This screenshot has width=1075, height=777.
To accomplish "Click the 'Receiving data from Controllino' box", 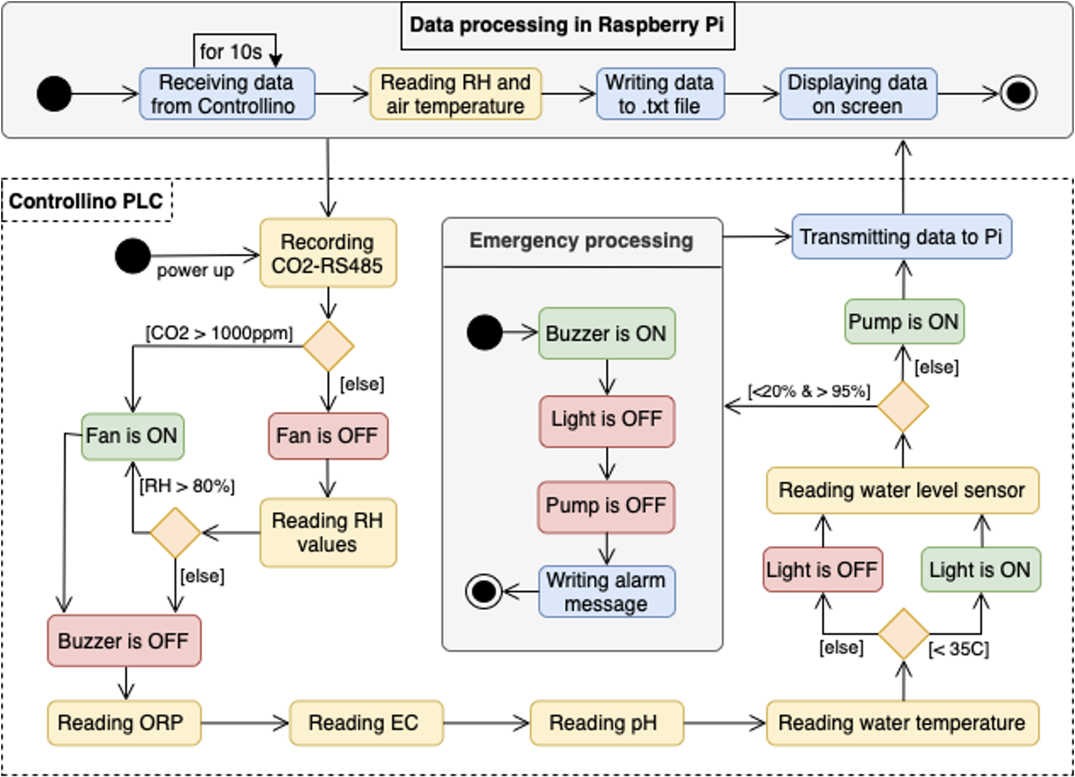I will [x=227, y=94].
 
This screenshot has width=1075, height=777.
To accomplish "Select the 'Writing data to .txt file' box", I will [x=660, y=94].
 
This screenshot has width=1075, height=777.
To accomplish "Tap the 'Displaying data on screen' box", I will [x=858, y=94].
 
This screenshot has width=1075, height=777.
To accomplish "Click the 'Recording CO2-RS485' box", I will [x=328, y=253].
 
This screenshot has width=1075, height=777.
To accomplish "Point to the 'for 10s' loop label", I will [x=230, y=52].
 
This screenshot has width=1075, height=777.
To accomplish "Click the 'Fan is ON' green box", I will [x=132, y=436].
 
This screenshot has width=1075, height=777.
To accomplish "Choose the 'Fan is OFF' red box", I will [x=328, y=436].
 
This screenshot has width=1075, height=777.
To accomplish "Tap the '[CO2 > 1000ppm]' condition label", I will [x=219, y=333].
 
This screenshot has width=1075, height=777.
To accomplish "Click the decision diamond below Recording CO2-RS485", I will [x=328, y=346].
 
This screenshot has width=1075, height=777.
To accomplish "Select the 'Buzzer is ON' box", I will [x=607, y=333].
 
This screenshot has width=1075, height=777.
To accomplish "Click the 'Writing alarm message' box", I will [x=607, y=592].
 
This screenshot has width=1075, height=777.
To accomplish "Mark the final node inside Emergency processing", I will [x=484, y=592].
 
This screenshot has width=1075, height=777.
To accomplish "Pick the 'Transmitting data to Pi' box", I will [x=901, y=237].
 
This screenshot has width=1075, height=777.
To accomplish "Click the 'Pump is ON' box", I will [x=904, y=322].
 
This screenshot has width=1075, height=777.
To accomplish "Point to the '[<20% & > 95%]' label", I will [x=809, y=391].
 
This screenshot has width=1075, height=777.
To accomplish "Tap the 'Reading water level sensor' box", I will [x=903, y=490].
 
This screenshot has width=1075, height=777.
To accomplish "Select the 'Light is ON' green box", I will [x=981, y=570].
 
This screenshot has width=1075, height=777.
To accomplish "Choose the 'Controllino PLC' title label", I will [x=86, y=201].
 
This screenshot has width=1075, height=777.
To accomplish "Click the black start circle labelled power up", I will [x=133, y=256].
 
